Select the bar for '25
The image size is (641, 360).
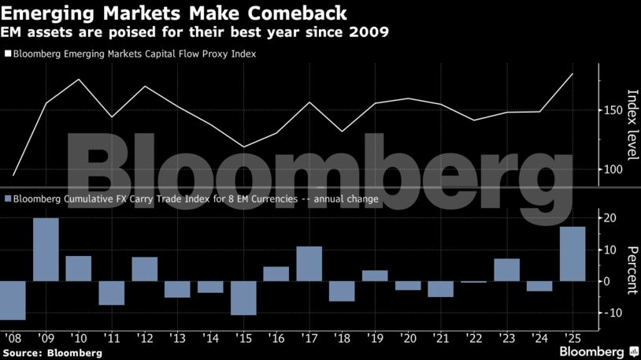(x=572, y=254)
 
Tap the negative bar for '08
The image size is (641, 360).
(x=13, y=300)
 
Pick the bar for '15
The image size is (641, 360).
(x=243, y=298)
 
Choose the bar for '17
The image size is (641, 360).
(x=309, y=264)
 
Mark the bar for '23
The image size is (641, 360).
(x=506, y=269)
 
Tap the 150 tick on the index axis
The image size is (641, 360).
(x=615, y=110)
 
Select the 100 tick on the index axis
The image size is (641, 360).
(x=615, y=169)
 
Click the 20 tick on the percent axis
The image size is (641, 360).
(x=610, y=217)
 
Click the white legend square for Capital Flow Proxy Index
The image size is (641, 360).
(x=8, y=54)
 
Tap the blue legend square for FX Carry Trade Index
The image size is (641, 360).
(x=8, y=199)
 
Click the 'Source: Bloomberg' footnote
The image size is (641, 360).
(x=53, y=353)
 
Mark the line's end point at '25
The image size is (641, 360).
(x=572, y=73)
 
